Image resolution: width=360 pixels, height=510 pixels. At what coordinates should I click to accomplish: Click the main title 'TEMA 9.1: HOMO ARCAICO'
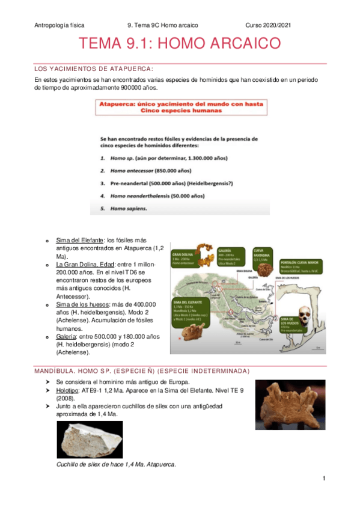180,44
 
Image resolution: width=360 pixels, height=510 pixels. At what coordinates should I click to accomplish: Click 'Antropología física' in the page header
59,25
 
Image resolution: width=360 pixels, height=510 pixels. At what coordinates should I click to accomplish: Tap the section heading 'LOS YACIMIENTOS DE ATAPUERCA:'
94,68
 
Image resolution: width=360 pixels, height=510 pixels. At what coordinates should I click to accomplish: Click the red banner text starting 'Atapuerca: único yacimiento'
181,107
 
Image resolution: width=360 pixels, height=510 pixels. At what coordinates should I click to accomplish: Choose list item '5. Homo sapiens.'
124,209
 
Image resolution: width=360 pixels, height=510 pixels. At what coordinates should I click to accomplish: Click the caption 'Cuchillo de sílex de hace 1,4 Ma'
115,464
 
